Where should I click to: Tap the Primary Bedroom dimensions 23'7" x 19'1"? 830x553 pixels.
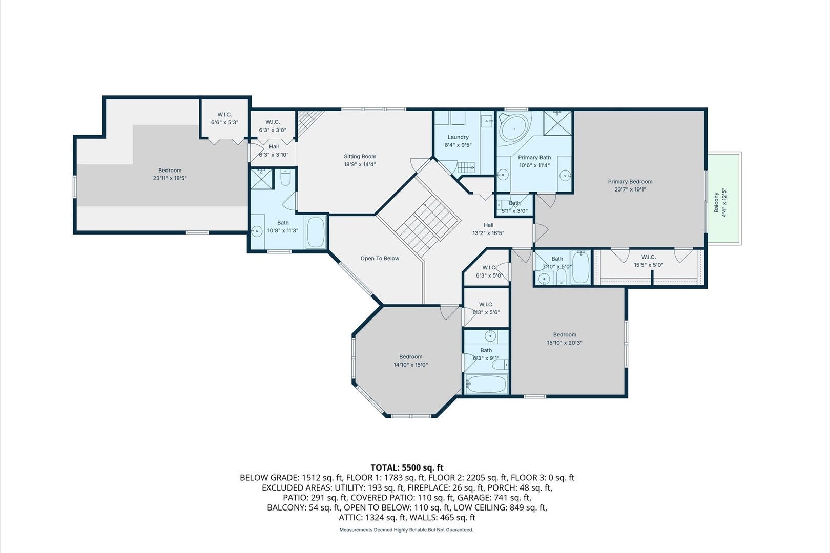click(630, 189)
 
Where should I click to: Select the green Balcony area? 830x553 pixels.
click(724, 198)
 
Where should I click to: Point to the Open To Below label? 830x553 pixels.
click(380, 259)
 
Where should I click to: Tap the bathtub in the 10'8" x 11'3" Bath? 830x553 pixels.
click(316, 232)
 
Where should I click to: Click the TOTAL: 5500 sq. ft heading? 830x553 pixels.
click(407, 467)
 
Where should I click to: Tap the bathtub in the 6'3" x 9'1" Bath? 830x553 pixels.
click(486, 384)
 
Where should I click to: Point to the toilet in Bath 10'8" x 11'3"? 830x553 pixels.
click(285, 178)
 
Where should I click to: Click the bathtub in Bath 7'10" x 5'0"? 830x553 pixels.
click(580, 267)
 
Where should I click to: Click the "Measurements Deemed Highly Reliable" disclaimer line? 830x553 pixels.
click(406, 530)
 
